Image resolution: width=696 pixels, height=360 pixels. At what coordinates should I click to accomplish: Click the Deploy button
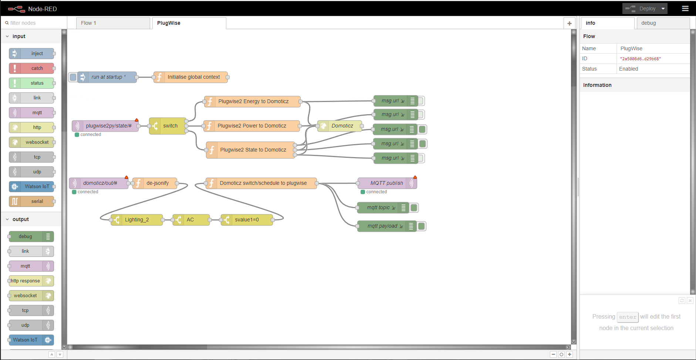click(645, 9)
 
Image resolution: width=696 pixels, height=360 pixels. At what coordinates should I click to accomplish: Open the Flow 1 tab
click(113, 23)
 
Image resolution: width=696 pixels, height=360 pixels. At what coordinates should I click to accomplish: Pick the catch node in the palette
click(32, 68)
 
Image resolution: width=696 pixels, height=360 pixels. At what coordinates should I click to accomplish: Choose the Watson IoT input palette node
click(32, 187)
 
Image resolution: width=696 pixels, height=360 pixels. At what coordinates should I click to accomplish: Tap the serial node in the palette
click(32, 201)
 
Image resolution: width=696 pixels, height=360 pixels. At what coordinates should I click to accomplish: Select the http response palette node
click(31, 281)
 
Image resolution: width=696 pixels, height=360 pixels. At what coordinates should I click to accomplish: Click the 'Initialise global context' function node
click(190, 77)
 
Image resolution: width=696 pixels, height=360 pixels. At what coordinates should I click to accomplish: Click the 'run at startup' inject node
click(107, 77)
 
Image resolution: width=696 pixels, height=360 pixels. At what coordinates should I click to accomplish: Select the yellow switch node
click(168, 126)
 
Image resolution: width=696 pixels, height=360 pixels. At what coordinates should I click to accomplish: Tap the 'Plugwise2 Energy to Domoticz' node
click(252, 102)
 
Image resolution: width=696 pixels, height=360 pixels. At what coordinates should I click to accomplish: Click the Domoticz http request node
click(339, 126)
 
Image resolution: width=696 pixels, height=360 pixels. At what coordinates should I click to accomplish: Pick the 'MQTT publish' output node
click(387, 183)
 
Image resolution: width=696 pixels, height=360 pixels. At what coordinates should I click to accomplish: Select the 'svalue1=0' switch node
click(247, 220)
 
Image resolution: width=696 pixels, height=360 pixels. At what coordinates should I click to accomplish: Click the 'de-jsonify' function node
click(155, 183)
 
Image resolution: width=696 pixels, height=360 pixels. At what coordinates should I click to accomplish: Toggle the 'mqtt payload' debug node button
click(422, 226)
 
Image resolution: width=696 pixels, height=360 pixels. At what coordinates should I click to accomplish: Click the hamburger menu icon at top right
click(685, 9)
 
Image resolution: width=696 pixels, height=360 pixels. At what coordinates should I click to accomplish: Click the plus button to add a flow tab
click(570, 23)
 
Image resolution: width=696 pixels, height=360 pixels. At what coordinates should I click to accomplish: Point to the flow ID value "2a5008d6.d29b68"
click(641, 59)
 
